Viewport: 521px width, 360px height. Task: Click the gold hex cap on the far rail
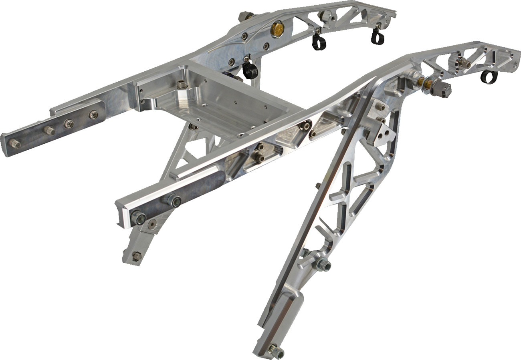(276, 28)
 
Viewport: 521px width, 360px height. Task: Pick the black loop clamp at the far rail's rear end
(377, 36)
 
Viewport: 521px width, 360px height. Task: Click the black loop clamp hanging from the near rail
(487, 76)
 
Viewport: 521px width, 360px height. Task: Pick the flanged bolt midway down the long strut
(323, 264)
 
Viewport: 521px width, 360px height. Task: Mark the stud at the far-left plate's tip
(15, 144)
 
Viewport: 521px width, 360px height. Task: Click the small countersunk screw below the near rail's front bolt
(152, 225)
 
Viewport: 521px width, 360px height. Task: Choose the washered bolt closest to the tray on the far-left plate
(94, 115)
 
